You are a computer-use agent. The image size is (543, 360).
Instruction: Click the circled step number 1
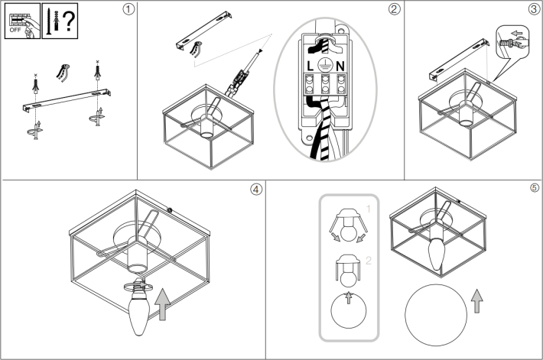(128, 9)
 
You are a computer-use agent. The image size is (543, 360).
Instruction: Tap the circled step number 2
(394, 9)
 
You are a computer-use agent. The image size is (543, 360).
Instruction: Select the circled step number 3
(534, 9)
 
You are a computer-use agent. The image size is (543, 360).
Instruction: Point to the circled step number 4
(256, 190)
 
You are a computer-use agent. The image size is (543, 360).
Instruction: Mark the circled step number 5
(535, 187)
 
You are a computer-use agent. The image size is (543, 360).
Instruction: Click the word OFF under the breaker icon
(15, 30)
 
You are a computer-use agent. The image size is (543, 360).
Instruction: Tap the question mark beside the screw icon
(69, 21)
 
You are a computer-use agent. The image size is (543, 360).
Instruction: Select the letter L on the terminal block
(311, 66)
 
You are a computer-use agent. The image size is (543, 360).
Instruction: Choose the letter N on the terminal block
(340, 66)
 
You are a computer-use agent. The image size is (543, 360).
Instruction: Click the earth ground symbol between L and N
(325, 65)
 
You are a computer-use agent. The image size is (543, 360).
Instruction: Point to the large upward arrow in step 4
(162, 304)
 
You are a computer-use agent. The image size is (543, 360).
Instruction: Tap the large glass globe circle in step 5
(436, 315)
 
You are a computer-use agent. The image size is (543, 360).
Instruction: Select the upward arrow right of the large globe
(477, 301)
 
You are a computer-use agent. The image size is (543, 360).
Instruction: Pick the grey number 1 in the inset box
(368, 209)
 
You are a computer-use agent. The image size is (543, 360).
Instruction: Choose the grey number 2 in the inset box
(369, 261)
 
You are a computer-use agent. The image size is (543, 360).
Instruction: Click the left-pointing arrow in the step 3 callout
(517, 34)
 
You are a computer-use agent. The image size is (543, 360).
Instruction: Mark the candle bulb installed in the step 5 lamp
(437, 255)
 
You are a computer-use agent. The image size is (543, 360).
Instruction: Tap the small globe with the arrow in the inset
(349, 310)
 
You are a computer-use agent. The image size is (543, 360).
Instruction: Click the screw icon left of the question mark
(48, 22)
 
